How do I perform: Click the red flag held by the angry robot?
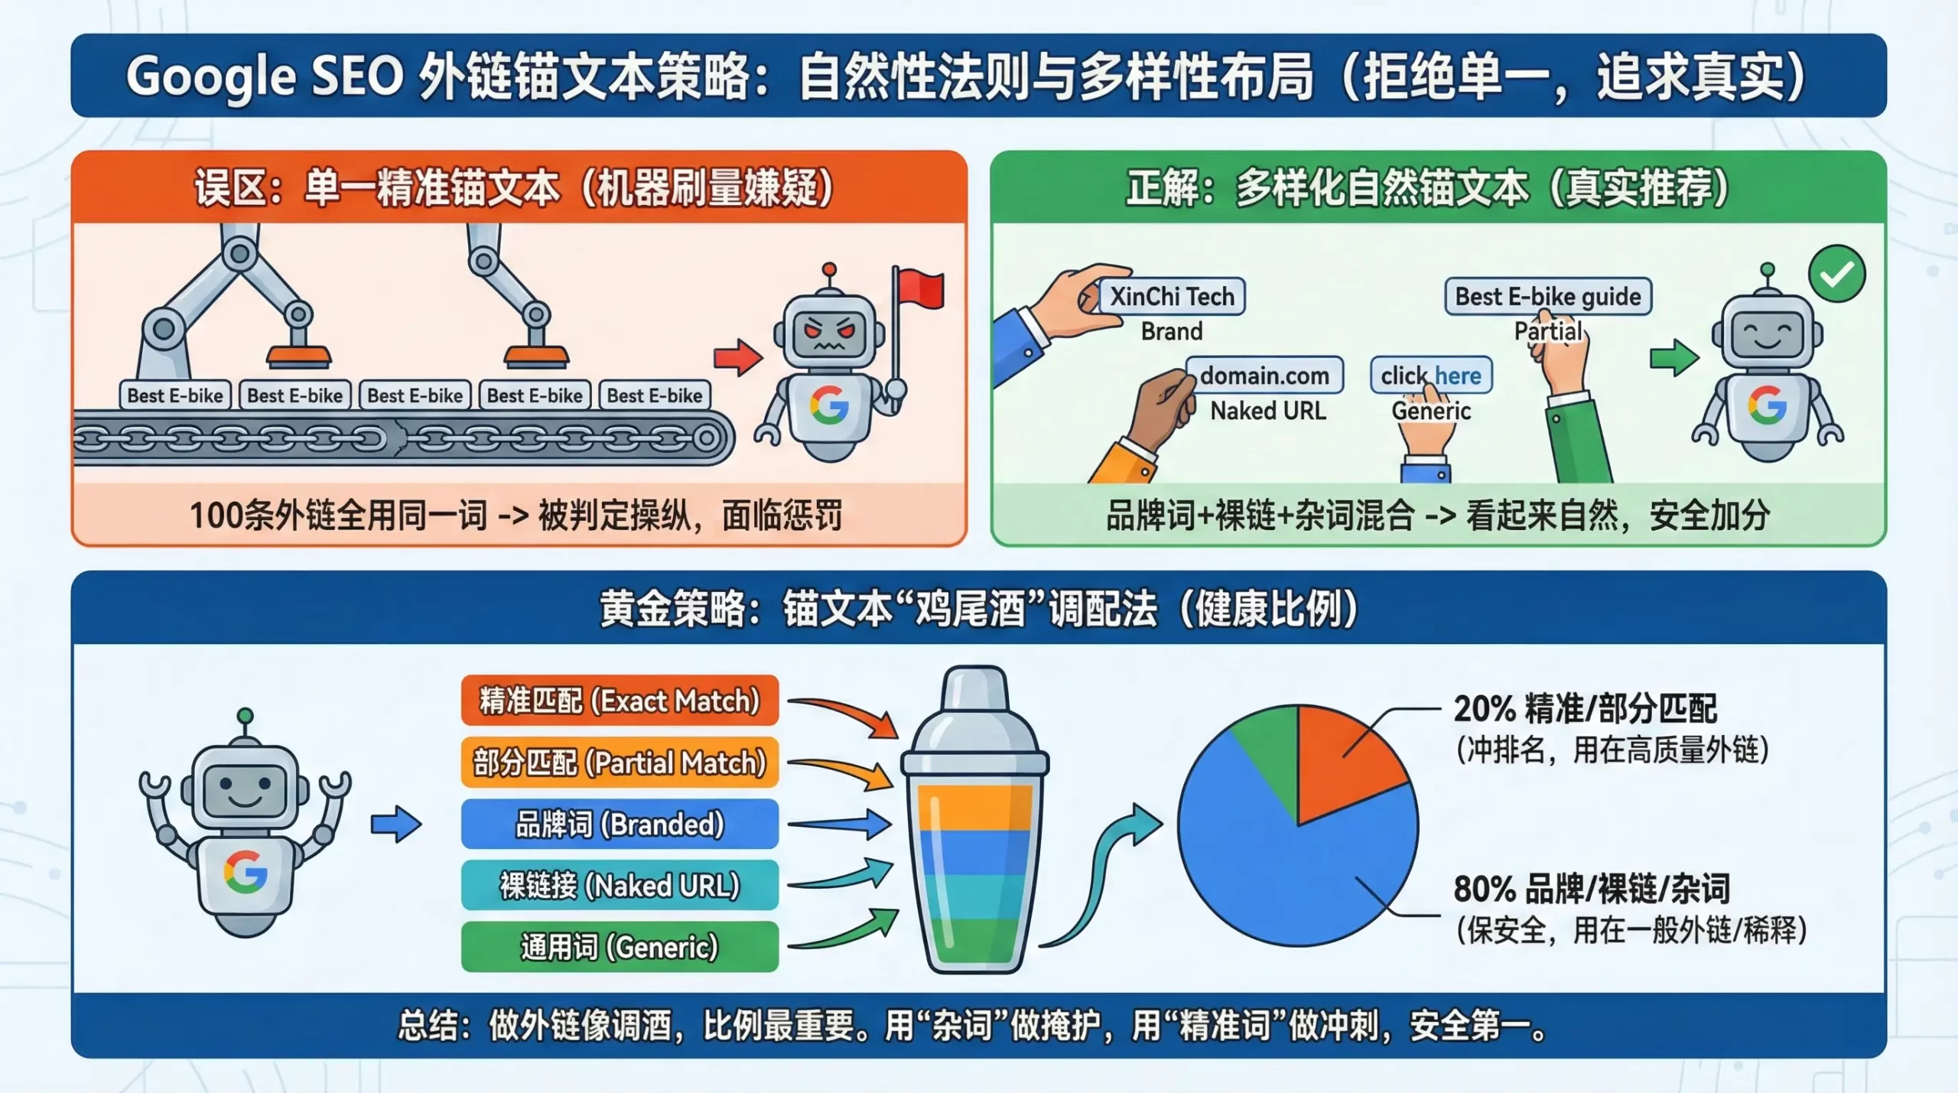920,289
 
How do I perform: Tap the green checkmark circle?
1837,274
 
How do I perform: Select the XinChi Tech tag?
1172,296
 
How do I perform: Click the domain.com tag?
1264,376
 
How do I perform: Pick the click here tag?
1431,376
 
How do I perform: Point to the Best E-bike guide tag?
1548,296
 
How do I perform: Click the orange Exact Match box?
620,701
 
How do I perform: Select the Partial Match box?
620,763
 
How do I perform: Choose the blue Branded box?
620,824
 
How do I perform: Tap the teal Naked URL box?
620,886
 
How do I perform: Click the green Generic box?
620,947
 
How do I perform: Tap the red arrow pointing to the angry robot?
737,356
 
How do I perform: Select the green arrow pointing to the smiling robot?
1674,356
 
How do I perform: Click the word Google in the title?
210,76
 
